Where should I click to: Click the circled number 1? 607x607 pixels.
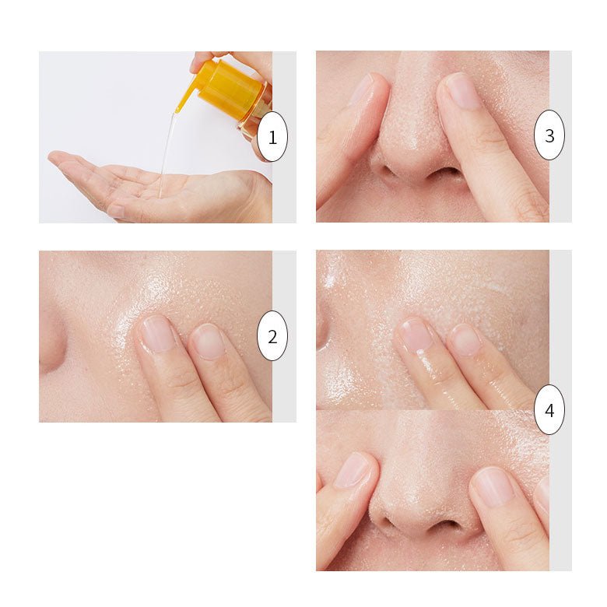coord(272,137)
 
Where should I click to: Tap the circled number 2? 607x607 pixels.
coord(272,336)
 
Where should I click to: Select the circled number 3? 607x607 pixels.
coord(549,135)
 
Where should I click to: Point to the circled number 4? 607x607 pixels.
coord(549,409)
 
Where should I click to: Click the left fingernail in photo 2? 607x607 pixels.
coord(156,333)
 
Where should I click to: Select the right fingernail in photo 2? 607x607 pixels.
coord(208,341)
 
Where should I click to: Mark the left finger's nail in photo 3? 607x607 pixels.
coord(361,89)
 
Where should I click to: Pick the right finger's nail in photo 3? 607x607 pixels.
coord(463,91)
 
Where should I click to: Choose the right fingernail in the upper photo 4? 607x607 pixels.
coord(465,340)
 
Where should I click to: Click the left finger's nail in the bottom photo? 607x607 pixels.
coord(353,470)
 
